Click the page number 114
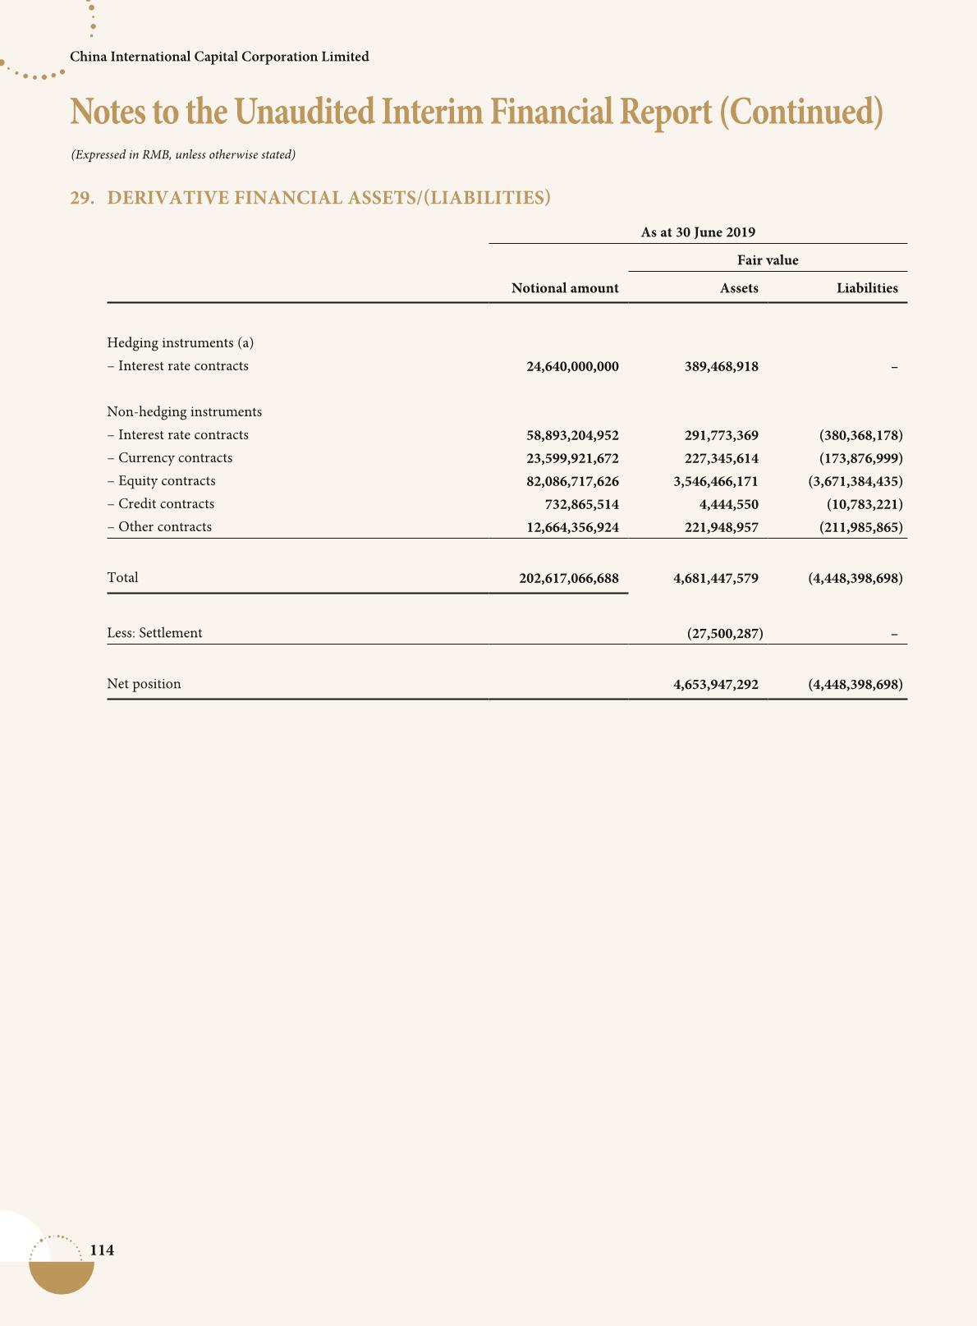[102, 1250]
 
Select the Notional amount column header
[565, 288]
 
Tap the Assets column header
[739, 288]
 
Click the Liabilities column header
[867, 288]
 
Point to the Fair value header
[768, 260]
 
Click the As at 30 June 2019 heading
[698, 232]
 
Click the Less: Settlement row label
[154, 633]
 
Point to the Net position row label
[144, 684]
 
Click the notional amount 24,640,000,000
[572, 366]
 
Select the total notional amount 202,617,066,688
[569, 578]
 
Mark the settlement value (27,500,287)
[724, 633]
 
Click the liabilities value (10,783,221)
[865, 504]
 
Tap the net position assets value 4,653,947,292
[715, 684]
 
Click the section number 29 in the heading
[80, 198]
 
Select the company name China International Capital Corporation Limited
[219, 57]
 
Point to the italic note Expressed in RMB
[183, 154]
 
